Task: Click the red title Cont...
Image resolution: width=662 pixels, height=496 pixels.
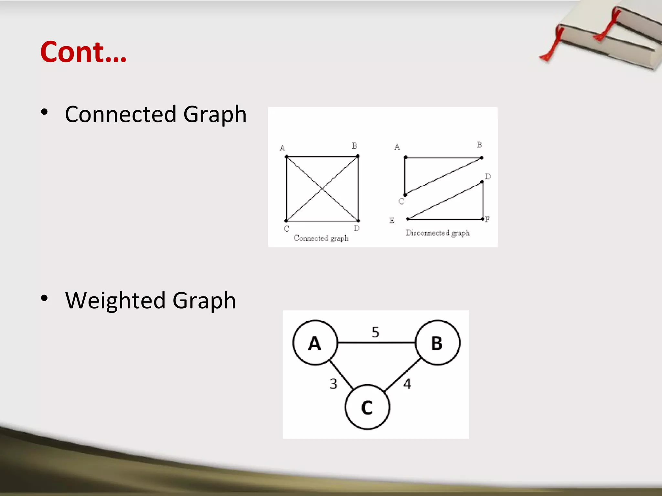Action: (83, 52)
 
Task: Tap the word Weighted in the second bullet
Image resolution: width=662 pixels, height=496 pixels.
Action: (115, 301)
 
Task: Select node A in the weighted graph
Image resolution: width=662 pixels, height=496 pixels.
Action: (315, 343)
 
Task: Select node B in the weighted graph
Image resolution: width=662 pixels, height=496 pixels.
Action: (437, 343)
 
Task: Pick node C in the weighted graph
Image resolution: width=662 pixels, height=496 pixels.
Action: (367, 407)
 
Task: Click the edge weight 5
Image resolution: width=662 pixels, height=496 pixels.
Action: (375, 332)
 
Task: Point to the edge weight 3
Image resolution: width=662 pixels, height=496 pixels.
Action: (333, 384)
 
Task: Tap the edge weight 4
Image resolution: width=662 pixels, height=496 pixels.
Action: (407, 384)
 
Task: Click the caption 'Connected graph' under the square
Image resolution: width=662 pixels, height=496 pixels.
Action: (321, 238)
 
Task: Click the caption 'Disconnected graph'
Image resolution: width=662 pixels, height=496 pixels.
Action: (437, 233)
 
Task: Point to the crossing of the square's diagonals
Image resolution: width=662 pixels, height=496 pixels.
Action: (322, 189)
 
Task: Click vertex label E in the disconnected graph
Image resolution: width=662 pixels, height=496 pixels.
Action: (392, 221)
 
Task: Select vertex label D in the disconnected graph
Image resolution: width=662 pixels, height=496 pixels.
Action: (488, 177)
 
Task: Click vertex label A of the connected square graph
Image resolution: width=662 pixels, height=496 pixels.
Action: (282, 148)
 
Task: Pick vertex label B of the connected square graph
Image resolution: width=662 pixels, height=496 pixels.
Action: (355, 146)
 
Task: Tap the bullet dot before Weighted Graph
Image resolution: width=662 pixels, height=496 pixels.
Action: (45, 298)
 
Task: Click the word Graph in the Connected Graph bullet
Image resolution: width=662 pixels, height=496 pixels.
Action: (215, 114)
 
